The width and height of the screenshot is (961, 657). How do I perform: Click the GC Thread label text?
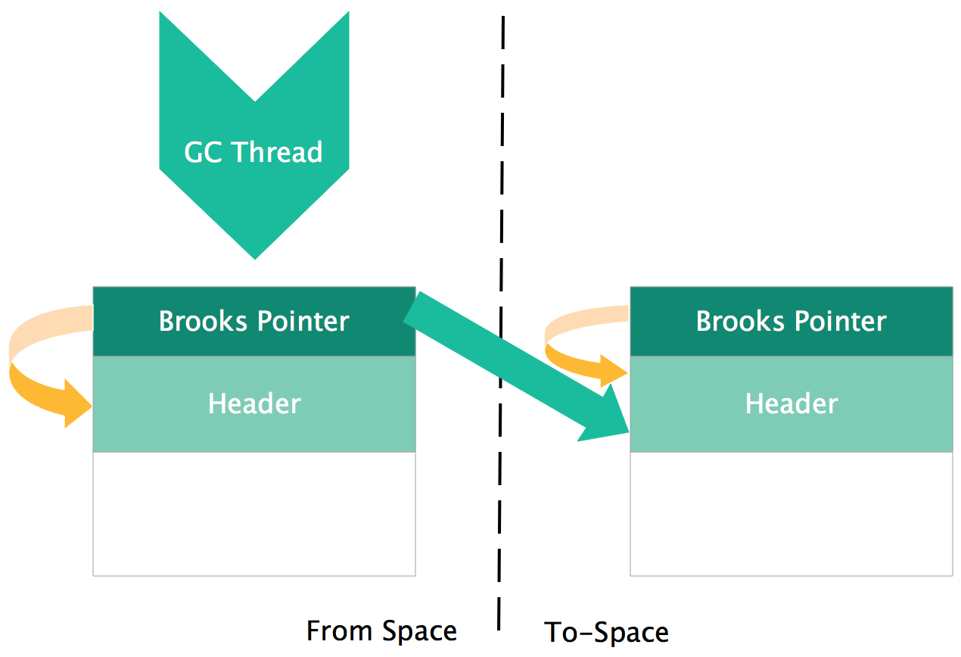point(253,152)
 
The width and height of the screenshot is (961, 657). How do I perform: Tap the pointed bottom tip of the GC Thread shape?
point(255,256)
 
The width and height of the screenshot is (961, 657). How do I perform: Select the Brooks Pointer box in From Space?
point(253,322)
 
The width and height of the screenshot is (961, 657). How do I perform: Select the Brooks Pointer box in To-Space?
point(791,322)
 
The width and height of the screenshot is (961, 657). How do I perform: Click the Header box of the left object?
point(253,403)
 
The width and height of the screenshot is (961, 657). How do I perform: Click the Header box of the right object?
point(791,403)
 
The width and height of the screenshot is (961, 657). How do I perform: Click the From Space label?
point(381,631)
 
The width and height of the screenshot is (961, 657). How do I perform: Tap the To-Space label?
point(606,632)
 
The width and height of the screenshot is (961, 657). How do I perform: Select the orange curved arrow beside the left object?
point(30,363)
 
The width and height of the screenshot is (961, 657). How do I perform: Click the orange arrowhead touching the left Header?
point(76,403)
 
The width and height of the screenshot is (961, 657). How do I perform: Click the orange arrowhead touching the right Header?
point(613,372)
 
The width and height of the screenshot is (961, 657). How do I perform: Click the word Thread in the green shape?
point(277,152)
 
